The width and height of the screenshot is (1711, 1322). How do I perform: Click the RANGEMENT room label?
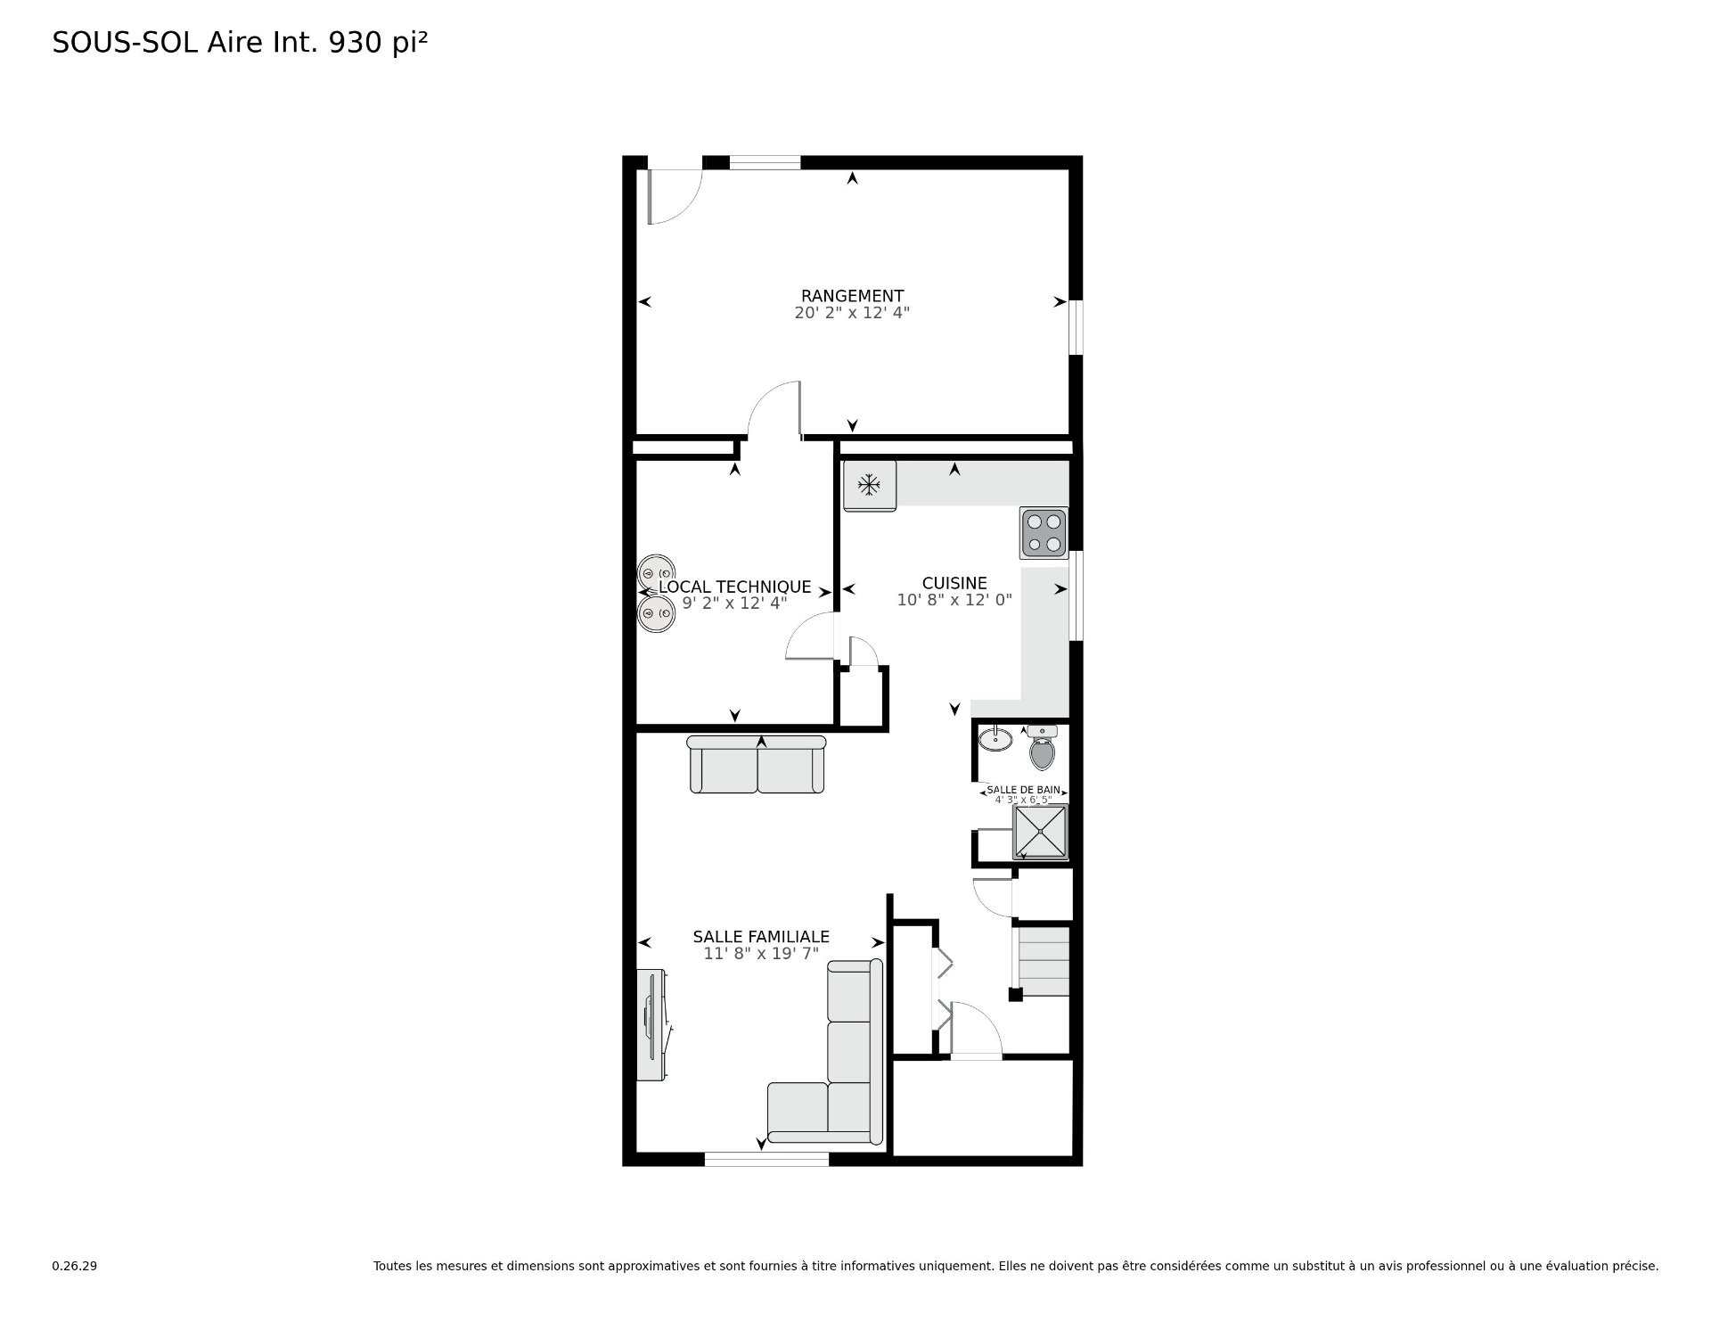852,296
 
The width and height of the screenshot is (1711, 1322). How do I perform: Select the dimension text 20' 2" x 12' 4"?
852,313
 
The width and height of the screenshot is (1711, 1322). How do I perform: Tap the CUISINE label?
954,584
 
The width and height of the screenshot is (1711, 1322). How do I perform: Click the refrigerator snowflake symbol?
869,485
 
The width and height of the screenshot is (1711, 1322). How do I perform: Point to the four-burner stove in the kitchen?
1044,532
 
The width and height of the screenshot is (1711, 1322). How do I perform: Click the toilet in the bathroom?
1042,750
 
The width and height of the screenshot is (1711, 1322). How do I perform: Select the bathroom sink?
995,739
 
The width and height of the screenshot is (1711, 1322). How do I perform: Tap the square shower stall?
1040,831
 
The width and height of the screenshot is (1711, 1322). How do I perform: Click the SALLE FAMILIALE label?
761,937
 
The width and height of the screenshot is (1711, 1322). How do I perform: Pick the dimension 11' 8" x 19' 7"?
761,954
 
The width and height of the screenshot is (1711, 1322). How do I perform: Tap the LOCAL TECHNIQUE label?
734,587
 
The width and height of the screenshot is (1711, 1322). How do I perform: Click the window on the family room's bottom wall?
766,1159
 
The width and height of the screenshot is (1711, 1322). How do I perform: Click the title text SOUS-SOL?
126,43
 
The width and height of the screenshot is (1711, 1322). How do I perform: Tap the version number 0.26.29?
74,1266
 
